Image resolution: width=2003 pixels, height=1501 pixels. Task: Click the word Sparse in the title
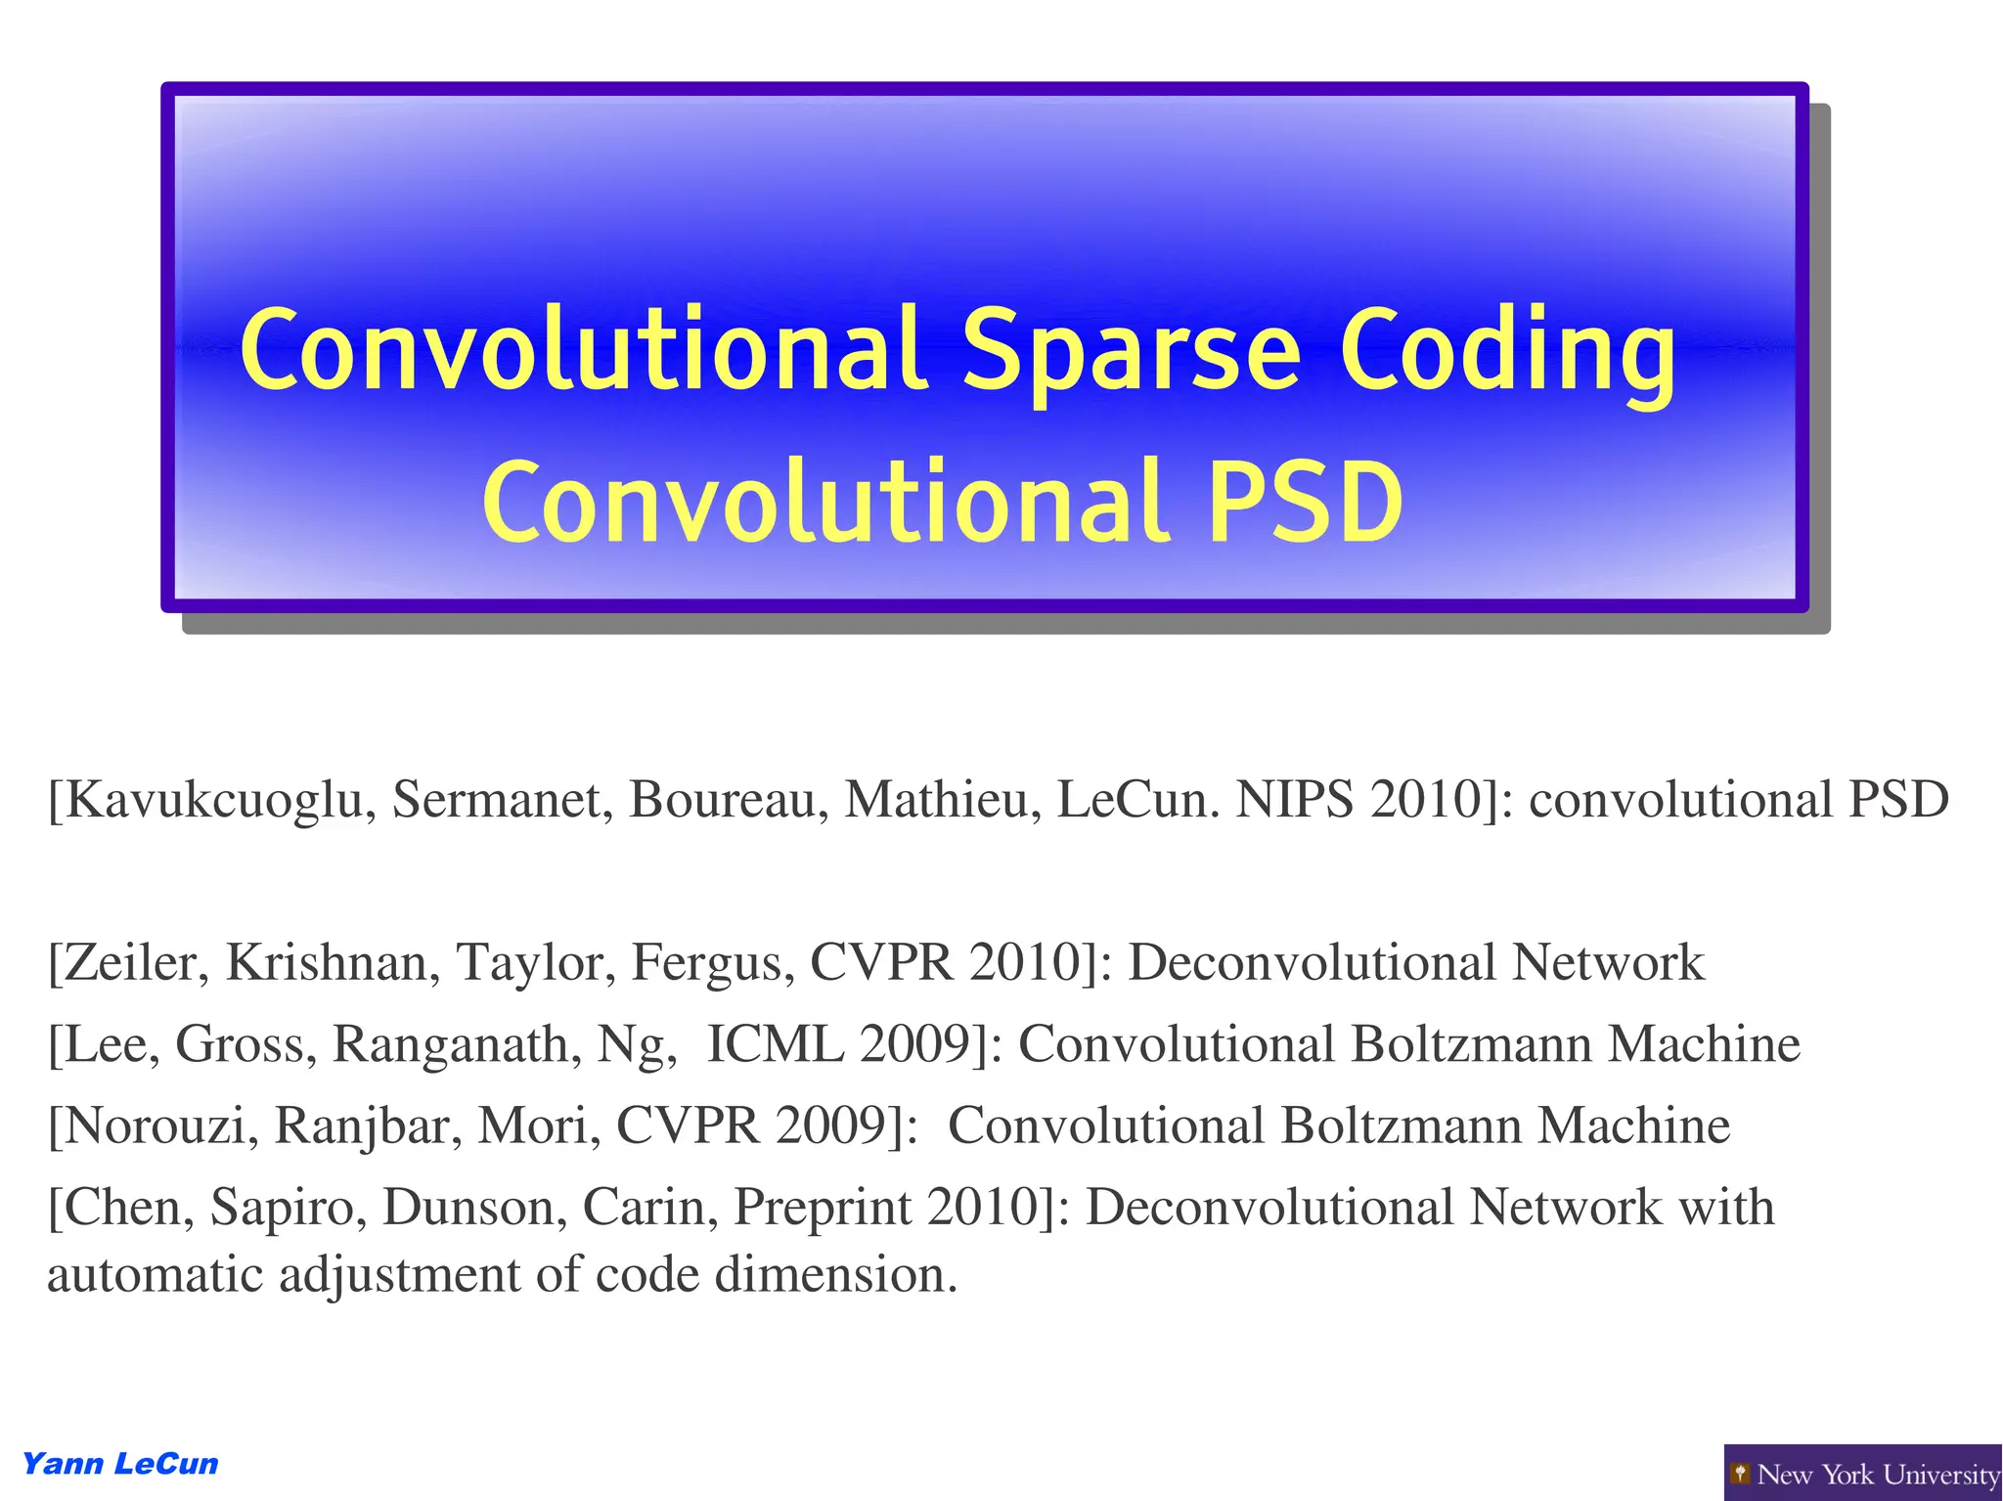[1132, 350]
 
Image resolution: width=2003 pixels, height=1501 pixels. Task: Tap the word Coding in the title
[1507, 352]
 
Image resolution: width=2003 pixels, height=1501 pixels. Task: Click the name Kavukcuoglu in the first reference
[212, 800]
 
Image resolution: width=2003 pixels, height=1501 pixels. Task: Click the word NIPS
[1295, 800]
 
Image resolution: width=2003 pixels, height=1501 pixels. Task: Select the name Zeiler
[128, 963]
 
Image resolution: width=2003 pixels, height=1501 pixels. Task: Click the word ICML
[774, 1044]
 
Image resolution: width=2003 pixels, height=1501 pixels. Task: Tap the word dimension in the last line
[835, 1275]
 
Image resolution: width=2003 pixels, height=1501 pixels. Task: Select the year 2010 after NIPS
[1428, 800]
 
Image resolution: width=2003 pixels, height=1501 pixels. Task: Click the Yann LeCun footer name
[120, 1464]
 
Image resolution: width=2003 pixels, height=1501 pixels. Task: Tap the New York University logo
[1863, 1473]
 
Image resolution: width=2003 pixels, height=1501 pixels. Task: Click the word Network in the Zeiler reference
[1608, 963]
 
